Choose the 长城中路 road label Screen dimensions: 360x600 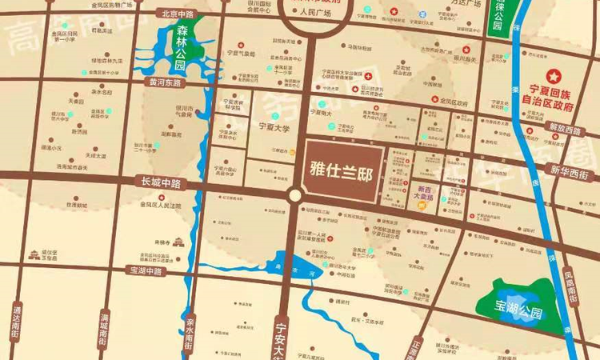pyautogui.click(x=159, y=183)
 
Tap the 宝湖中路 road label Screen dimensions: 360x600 pyautogui.click(x=145, y=271)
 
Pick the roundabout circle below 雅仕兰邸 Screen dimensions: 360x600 pyautogui.click(x=295, y=195)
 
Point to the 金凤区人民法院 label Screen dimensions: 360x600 pyautogui.click(x=160, y=206)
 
